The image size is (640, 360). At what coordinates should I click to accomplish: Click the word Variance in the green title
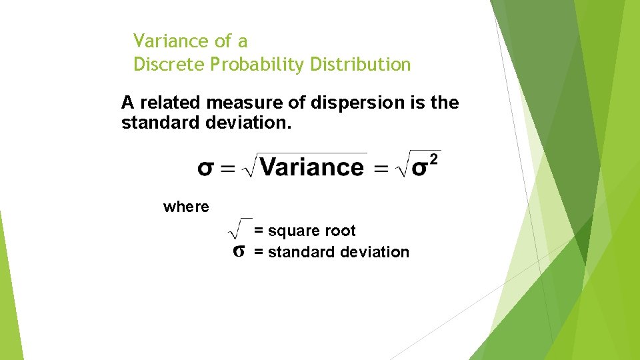(171, 41)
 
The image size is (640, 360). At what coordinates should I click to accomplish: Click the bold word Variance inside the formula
(312, 167)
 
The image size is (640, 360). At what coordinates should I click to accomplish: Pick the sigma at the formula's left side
(206, 168)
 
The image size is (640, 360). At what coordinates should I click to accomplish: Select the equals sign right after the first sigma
(228, 169)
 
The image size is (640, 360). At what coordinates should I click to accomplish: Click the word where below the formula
(186, 207)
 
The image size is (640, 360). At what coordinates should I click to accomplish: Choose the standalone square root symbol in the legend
(239, 228)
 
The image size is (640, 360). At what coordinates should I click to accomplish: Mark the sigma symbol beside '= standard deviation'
(239, 252)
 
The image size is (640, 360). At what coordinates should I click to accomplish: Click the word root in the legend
(342, 231)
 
